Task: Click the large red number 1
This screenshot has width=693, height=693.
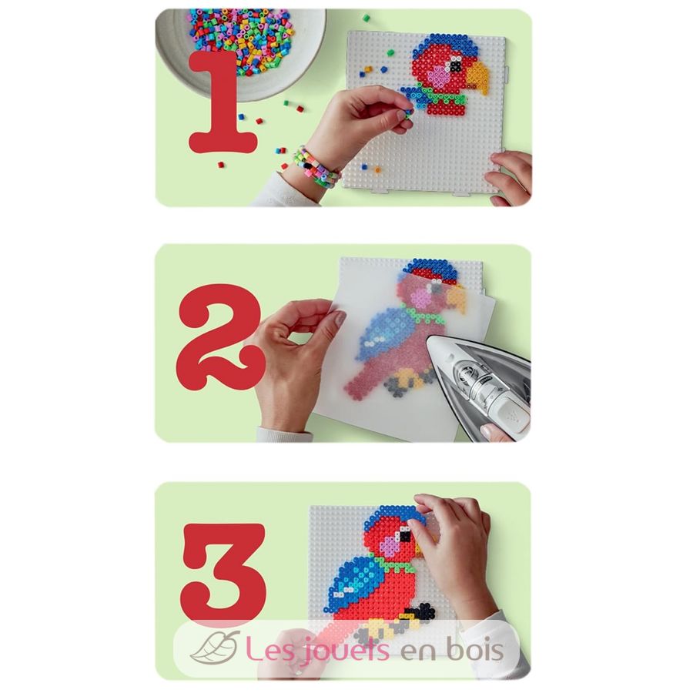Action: pyautogui.click(x=221, y=104)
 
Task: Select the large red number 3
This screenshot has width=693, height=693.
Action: pyautogui.click(x=223, y=575)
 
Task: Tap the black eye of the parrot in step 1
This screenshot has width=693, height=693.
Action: pyautogui.click(x=456, y=65)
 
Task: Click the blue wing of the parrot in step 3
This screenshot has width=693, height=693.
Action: pyautogui.click(x=359, y=580)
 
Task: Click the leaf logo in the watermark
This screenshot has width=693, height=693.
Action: pyautogui.click(x=215, y=648)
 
